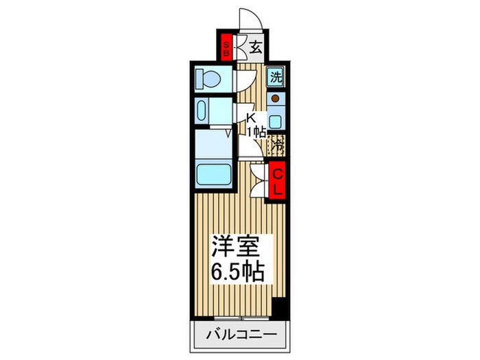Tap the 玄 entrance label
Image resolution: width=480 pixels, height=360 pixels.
[254, 47]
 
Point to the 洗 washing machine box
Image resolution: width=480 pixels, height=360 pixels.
[276, 77]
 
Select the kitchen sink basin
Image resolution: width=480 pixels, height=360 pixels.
[276, 122]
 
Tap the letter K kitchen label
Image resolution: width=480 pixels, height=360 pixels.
[251, 117]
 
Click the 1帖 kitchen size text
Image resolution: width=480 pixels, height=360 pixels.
[256, 130]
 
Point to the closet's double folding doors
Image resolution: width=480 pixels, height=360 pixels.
[259, 180]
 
